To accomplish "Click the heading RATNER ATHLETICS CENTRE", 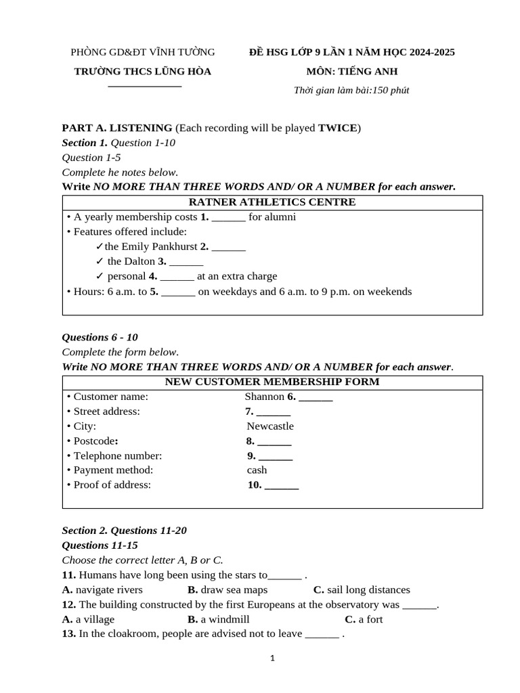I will (x=272, y=202).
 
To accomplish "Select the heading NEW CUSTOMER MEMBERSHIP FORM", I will (x=272, y=382).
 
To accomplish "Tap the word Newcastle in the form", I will (x=270, y=426).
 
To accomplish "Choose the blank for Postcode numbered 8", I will (x=274, y=441).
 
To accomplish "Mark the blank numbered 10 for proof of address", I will (x=281, y=485).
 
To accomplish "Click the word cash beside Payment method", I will (x=257, y=470).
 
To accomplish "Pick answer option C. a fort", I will (x=364, y=619).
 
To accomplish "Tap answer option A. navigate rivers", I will (x=102, y=590).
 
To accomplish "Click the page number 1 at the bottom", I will (x=272, y=658).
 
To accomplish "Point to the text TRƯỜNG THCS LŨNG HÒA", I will (x=143, y=72).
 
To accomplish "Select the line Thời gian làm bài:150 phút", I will (x=351, y=91).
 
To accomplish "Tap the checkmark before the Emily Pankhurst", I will (x=100, y=247).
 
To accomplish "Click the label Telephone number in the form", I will (x=117, y=456).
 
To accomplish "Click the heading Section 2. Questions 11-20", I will (x=124, y=531).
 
